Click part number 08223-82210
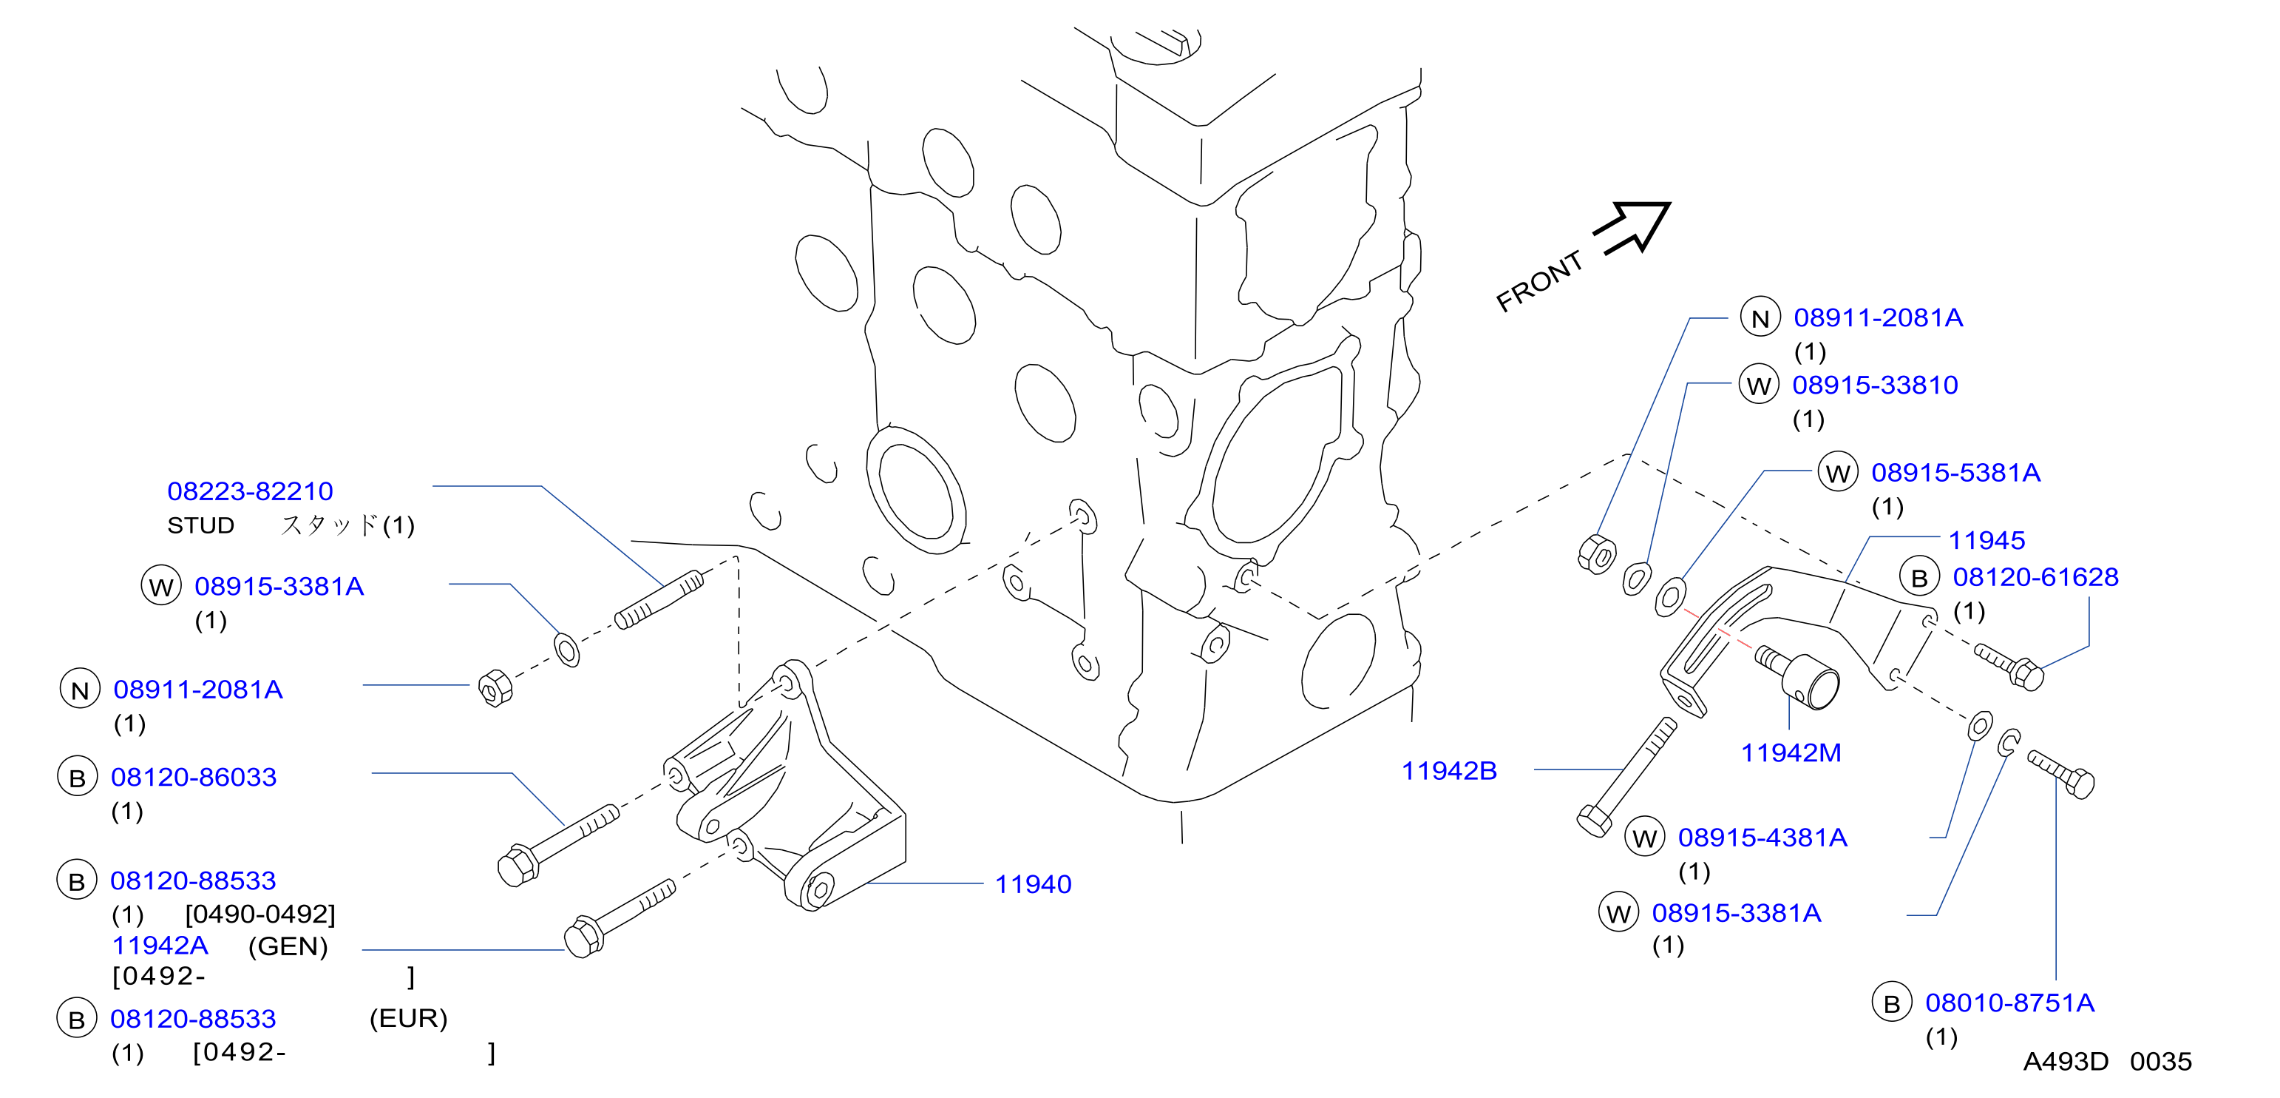[251, 491]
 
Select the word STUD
[201, 526]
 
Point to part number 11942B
[1449, 770]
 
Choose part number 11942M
[1791, 752]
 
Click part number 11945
[1986, 540]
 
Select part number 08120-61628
[2036, 577]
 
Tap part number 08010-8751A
[2009, 1003]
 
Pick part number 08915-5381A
[1955, 473]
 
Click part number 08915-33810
[1875, 385]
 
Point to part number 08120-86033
[194, 778]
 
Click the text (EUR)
[408, 1018]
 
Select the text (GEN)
[288, 946]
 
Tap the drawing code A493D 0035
[2108, 1062]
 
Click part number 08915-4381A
[1762, 838]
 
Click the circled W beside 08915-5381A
[1837, 473]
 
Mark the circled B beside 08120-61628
[1919, 578]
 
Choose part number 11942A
[160, 946]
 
